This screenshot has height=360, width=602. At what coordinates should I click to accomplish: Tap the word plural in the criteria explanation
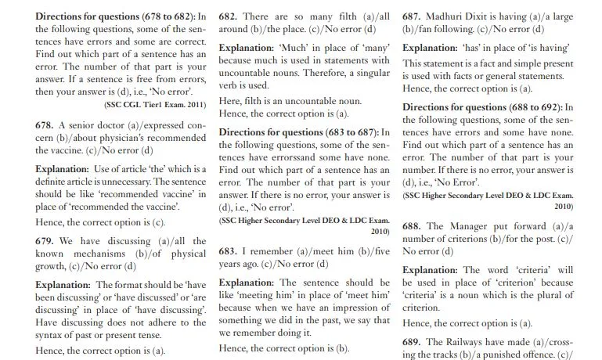(x=543, y=295)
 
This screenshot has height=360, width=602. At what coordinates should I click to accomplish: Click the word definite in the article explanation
(x=54, y=181)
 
